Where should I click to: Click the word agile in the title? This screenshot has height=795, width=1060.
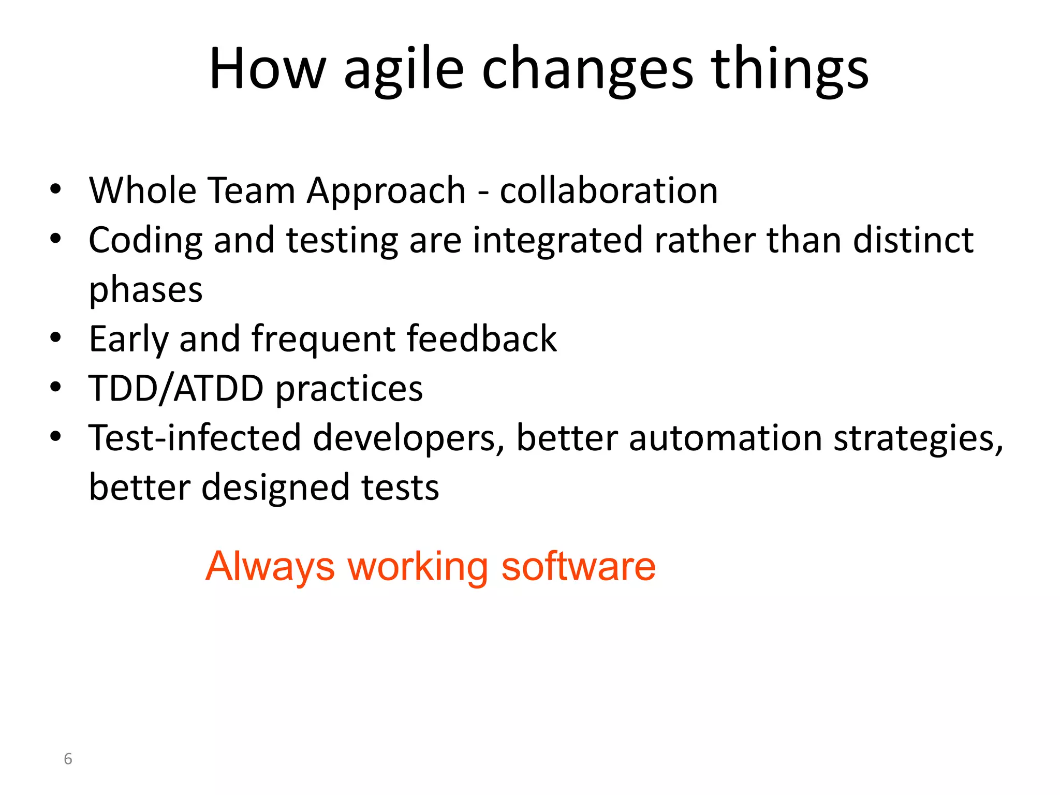(x=404, y=70)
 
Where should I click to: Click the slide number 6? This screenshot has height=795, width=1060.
(x=68, y=759)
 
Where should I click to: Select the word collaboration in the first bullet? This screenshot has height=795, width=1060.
(x=609, y=190)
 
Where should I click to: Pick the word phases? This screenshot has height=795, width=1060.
(x=146, y=290)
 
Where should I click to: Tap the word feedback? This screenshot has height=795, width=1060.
(x=481, y=339)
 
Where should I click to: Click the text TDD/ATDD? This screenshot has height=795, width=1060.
(x=176, y=388)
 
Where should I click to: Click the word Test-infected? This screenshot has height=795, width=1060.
(x=195, y=438)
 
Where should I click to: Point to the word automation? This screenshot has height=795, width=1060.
(x=725, y=438)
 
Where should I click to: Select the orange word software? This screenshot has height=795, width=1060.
(x=578, y=566)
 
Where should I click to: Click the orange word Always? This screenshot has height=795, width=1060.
(x=270, y=567)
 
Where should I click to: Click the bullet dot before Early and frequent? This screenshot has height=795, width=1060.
(x=56, y=338)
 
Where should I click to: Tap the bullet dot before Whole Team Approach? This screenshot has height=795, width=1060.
(x=56, y=189)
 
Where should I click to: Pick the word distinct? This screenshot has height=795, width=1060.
(x=913, y=241)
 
